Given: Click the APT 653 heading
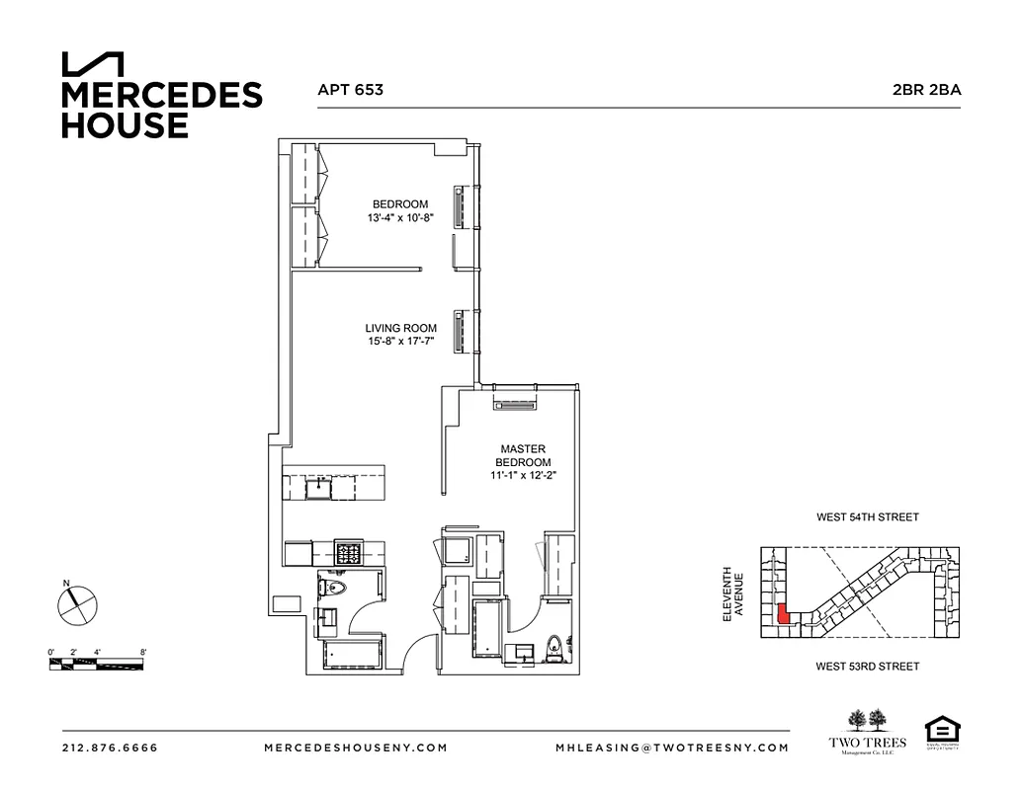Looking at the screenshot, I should [x=350, y=90].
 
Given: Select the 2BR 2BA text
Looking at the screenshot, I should [x=926, y=90].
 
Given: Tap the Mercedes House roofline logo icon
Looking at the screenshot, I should [x=93, y=64].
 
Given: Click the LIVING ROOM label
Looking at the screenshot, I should [x=400, y=329].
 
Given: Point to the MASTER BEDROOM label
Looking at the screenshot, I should [x=523, y=455].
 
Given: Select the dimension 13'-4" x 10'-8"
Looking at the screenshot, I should [x=400, y=217].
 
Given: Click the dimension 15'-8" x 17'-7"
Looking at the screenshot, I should [x=400, y=343].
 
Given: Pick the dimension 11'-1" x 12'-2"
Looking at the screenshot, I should [x=523, y=476].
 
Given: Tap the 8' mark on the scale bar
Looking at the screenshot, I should [x=144, y=653].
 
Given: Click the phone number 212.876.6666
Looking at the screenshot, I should [x=110, y=748].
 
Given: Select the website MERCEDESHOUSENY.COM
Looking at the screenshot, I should [x=356, y=748].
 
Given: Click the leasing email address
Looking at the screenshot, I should [x=672, y=748].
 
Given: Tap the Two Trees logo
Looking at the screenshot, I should [x=867, y=732].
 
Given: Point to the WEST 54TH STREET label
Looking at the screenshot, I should [x=867, y=517].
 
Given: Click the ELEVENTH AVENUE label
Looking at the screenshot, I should [x=731, y=593].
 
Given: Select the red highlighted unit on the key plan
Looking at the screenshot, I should [x=782, y=615].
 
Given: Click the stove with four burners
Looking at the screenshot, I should [x=348, y=553].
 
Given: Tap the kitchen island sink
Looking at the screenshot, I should [x=320, y=485].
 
